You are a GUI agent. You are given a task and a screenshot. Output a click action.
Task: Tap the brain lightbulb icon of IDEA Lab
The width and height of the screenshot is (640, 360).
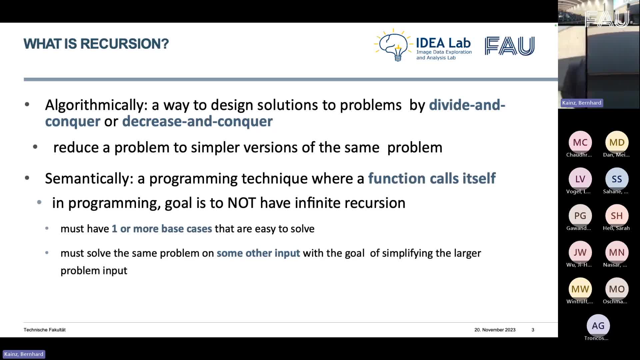coord(394,45)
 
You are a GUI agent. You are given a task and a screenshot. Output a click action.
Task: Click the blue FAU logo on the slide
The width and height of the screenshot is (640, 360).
coord(510,46)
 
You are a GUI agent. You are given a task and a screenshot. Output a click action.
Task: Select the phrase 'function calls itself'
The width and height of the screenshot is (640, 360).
coord(432,178)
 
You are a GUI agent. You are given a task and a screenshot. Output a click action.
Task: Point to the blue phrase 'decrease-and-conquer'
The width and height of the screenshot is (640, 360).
coord(197,121)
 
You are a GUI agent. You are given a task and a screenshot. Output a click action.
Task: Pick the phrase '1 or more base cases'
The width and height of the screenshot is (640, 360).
coord(162,229)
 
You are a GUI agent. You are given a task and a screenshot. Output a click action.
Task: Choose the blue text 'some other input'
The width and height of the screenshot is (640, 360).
coord(258,253)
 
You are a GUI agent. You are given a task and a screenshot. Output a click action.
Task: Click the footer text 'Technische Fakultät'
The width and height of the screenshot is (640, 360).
coord(45,330)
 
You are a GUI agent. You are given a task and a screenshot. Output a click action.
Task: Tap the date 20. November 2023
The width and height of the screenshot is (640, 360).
coord(495,330)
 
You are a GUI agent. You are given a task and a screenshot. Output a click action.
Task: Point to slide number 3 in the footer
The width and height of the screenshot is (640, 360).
coord(533,330)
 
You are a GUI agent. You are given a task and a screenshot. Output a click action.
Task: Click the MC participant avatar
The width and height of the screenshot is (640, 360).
coord(580,142)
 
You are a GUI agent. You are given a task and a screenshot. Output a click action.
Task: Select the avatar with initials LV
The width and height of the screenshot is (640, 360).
coord(580,179)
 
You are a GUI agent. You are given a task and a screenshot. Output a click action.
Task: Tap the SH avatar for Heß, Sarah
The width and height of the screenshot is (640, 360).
coord(617,216)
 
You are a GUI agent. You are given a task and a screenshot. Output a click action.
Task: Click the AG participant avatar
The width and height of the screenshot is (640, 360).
coord(598,326)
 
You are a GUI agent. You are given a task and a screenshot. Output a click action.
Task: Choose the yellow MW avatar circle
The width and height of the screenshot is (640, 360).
coord(580,289)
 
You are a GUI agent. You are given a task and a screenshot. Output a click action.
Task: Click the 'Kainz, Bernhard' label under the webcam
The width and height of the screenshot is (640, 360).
coord(582,103)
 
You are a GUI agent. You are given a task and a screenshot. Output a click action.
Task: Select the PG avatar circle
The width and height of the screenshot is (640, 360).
coord(580,216)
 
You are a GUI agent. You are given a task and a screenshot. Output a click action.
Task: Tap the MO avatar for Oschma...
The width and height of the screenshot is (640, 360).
coord(617,289)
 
